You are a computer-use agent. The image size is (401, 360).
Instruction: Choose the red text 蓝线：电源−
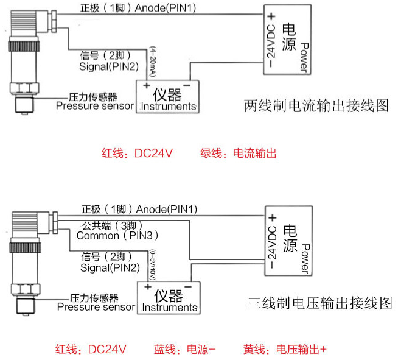[x=185, y=350]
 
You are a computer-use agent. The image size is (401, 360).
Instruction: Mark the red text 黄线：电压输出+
[x=285, y=350]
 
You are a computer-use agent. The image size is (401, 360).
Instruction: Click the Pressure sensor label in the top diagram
[x=94, y=102]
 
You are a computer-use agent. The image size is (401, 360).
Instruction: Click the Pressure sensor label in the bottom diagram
[x=96, y=303]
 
